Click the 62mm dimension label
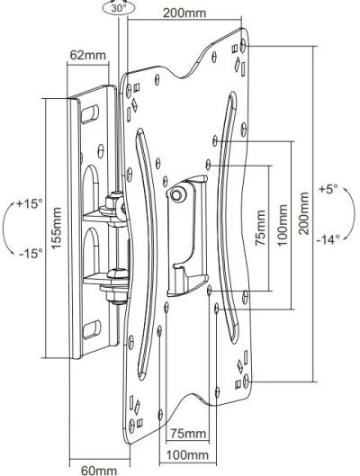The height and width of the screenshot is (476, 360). click(x=87, y=55)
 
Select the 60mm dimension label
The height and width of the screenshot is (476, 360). click(x=99, y=471)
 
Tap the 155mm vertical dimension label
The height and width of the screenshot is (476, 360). click(x=57, y=229)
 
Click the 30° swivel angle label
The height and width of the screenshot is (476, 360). click(x=119, y=8)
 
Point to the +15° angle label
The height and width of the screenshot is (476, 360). click(x=29, y=203)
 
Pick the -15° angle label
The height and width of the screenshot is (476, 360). click(x=31, y=253)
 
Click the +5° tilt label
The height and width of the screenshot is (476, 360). click(x=328, y=189)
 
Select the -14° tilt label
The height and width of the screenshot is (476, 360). click(x=328, y=240)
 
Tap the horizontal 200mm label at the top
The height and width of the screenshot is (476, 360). click(x=184, y=13)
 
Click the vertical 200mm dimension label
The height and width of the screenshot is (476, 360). click(x=303, y=213)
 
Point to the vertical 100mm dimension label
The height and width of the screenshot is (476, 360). click(x=283, y=225)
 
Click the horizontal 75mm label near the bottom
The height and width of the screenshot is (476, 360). click(x=187, y=433)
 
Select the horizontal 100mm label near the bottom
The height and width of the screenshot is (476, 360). click(x=187, y=455)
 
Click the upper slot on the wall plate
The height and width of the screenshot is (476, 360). click(x=90, y=114)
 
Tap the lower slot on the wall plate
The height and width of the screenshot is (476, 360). click(x=92, y=329)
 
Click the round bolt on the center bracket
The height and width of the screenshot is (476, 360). click(x=177, y=194)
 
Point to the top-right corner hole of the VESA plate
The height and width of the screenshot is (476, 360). click(x=243, y=45)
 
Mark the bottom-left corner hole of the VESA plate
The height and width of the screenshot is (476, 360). click(x=131, y=426)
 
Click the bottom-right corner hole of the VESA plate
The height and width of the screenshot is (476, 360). click(x=247, y=381)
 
